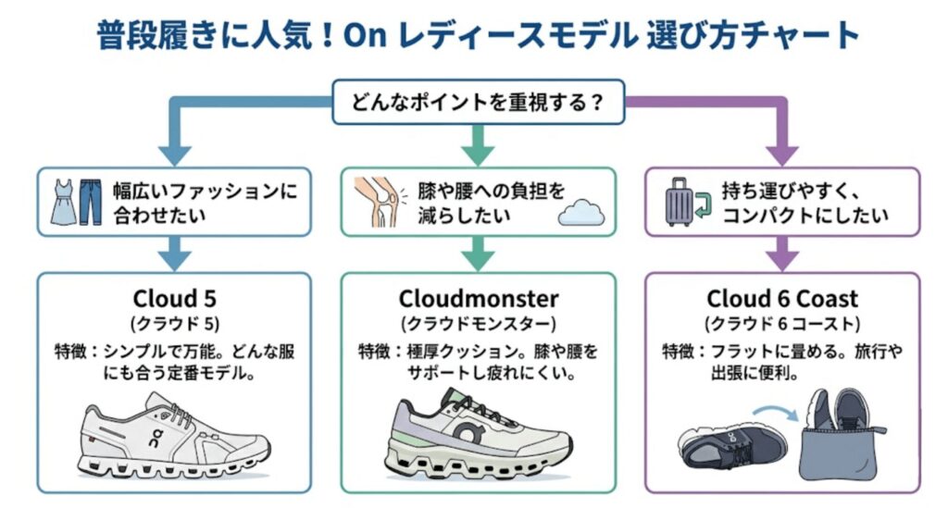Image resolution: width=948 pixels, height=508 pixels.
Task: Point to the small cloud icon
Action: [581, 214]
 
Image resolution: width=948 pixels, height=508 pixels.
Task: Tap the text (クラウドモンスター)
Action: [479, 324]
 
